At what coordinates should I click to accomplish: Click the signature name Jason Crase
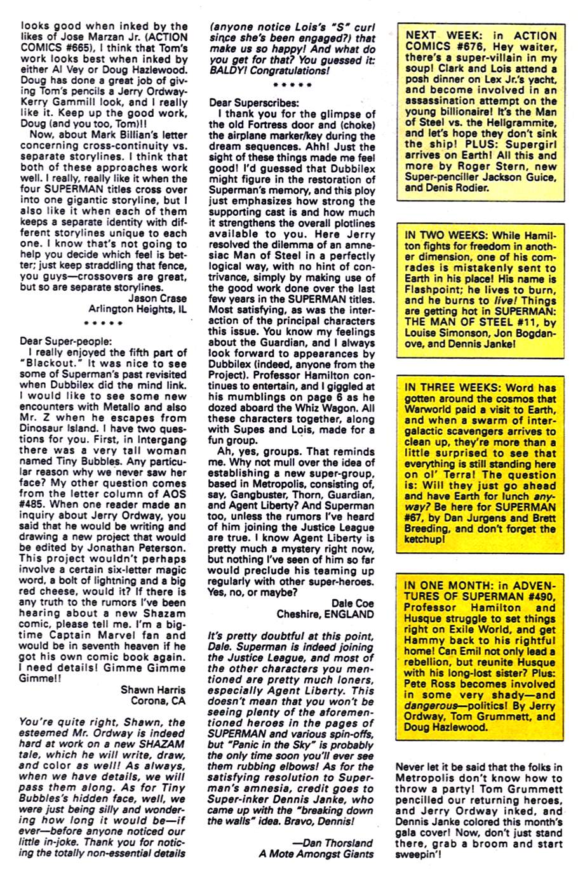click(158, 298)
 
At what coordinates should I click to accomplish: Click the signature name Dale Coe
click(353, 603)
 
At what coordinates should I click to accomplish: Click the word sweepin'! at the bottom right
click(418, 855)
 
